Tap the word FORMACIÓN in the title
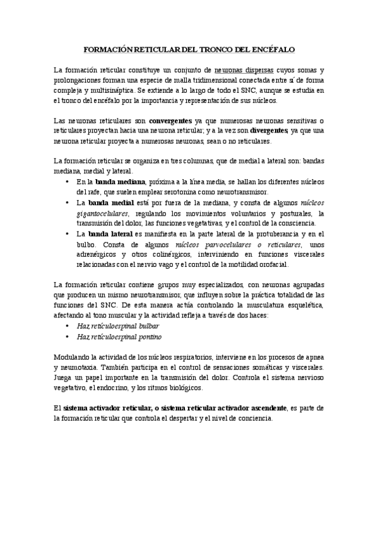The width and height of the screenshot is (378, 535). pyautogui.click(x=107, y=49)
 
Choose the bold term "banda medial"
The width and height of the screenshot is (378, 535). pyautogui.click(x=110, y=203)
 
